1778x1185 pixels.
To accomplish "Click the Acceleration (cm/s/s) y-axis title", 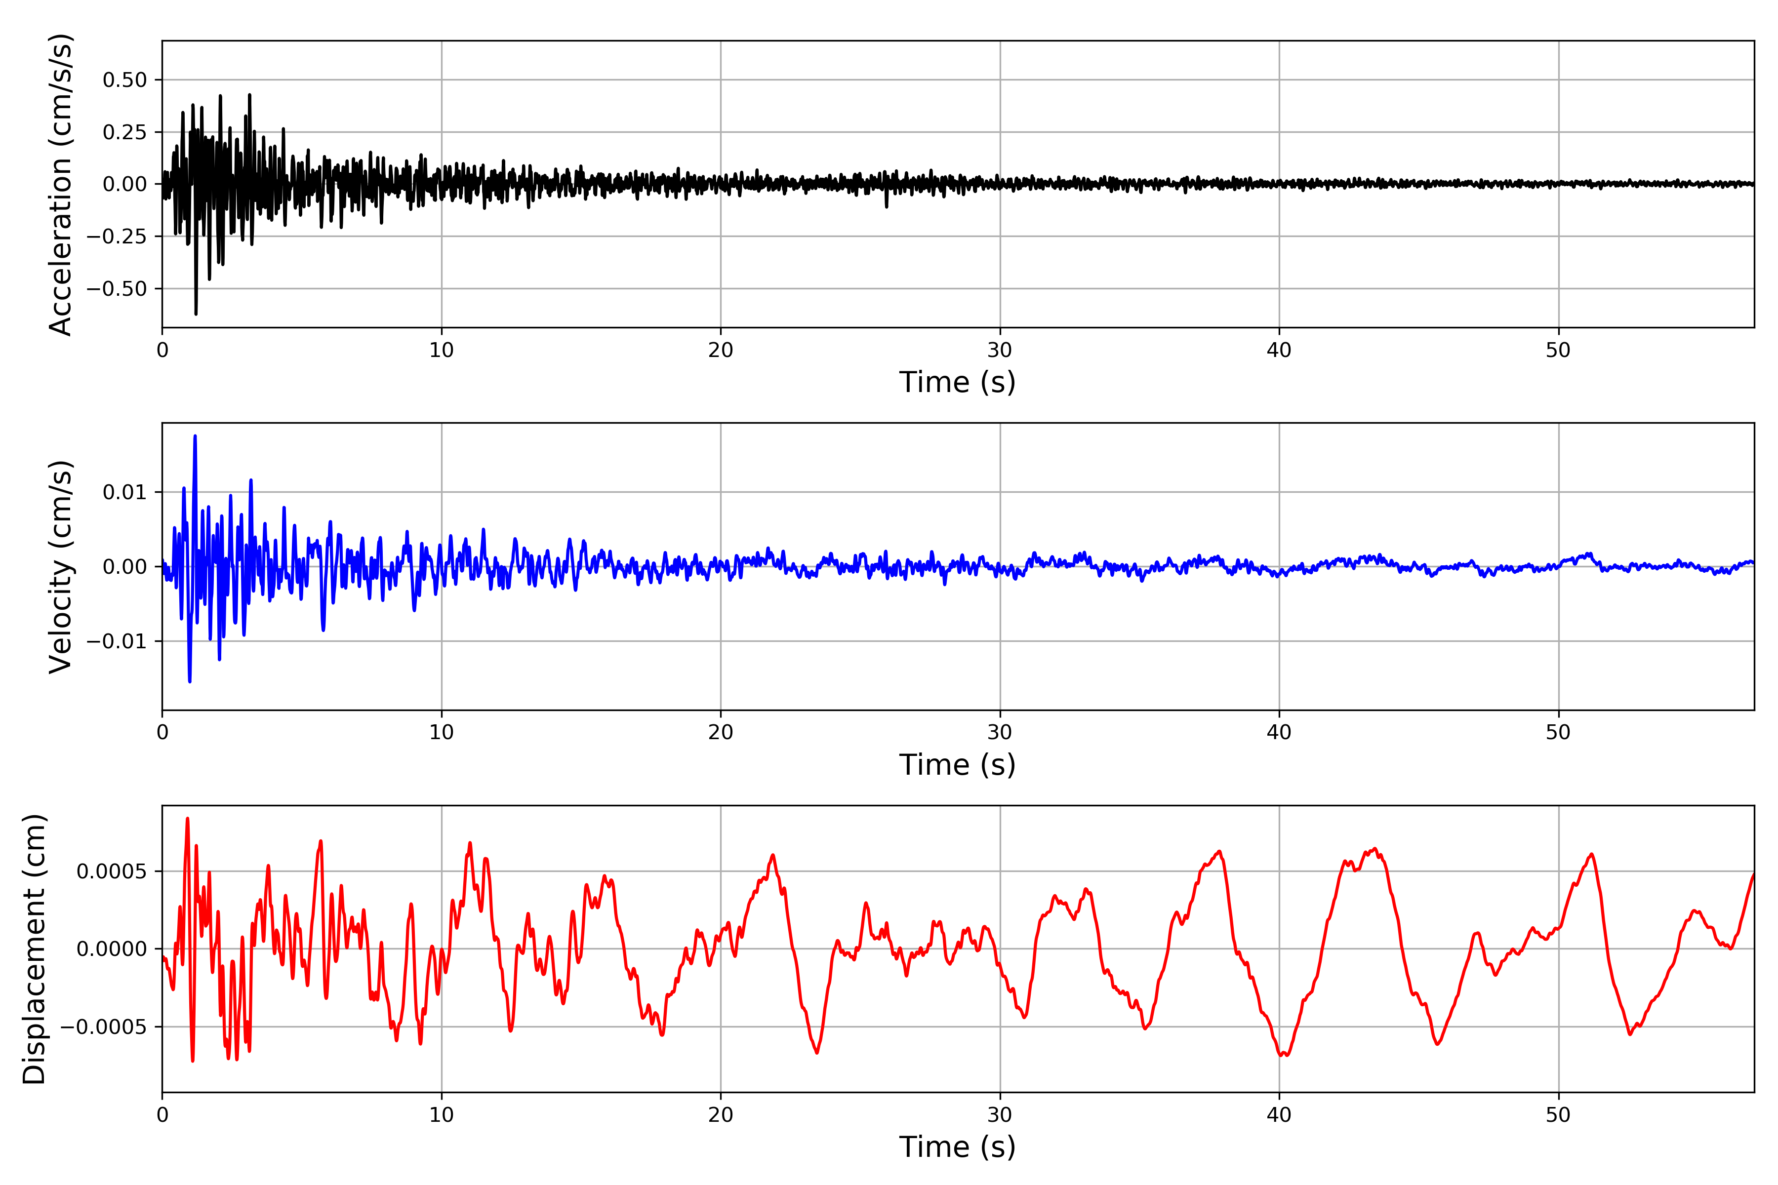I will pyautogui.click(x=60, y=184).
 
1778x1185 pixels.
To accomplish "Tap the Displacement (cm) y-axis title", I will pyautogui.click(x=34, y=949).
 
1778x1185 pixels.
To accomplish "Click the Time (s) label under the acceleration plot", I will pyautogui.click(x=957, y=382).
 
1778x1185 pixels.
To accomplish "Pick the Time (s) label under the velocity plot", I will pyautogui.click(x=957, y=765).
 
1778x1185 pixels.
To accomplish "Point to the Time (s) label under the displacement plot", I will pyautogui.click(x=957, y=1147).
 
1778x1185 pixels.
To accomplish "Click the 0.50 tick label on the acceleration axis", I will pyautogui.click(x=125, y=80).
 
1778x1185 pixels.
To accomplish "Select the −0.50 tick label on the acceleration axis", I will pyautogui.click(x=117, y=289).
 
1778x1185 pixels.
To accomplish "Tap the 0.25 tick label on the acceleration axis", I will pyautogui.click(x=125, y=132).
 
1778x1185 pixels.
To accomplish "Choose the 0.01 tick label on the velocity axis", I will pyautogui.click(x=125, y=493).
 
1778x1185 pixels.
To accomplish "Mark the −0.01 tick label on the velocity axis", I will pyautogui.click(x=117, y=641).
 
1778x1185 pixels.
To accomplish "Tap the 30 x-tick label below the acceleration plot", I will pyautogui.click(x=999, y=351).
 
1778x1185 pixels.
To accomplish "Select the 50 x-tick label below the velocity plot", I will pyautogui.click(x=1558, y=732).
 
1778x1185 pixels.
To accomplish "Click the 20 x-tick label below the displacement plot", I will pyautogui.click(x=721, y=1115).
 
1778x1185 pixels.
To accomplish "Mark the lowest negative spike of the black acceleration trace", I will pyautogui.click(x=196, y=313).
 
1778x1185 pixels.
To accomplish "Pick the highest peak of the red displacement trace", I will pyautogui.click(x=188, y=819).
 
